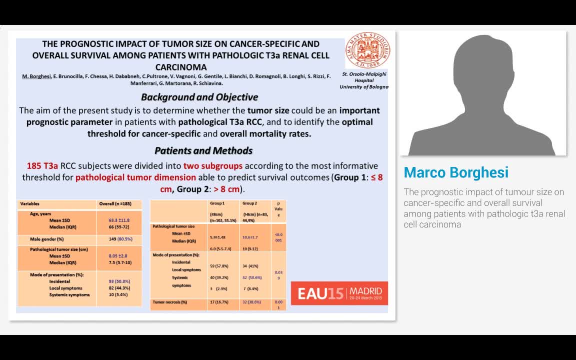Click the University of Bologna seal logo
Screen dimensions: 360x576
pos(368,50)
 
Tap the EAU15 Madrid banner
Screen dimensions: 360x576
pos(339,293)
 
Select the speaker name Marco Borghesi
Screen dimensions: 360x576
pos(456,172)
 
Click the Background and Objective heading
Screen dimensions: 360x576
pos(199,97)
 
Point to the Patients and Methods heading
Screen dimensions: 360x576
pos(203,150)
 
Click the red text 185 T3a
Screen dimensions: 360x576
pos(42,165)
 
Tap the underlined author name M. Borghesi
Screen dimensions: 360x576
pos(36,76)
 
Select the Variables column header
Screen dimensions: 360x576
pos(29,204)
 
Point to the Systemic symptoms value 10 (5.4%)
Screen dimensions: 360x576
pos(118,294)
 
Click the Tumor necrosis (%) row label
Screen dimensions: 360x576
pos(170,302)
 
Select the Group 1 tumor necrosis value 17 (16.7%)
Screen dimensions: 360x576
pos(219,302)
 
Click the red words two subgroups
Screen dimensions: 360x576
pos(213,165)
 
